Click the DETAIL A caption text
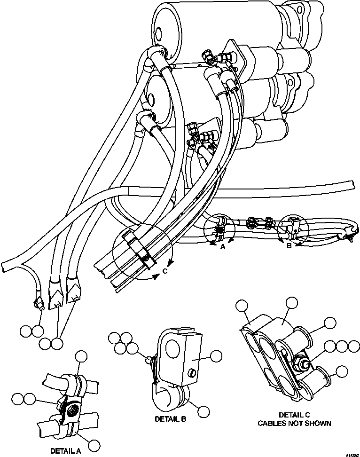coord(65,450)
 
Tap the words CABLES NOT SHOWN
coord(294,423)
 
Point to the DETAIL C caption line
coord(294,415)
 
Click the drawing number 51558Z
coord(351,454)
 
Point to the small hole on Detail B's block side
coord(191,373)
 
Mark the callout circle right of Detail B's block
coord(216,356)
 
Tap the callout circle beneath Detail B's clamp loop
coord(203,411)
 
